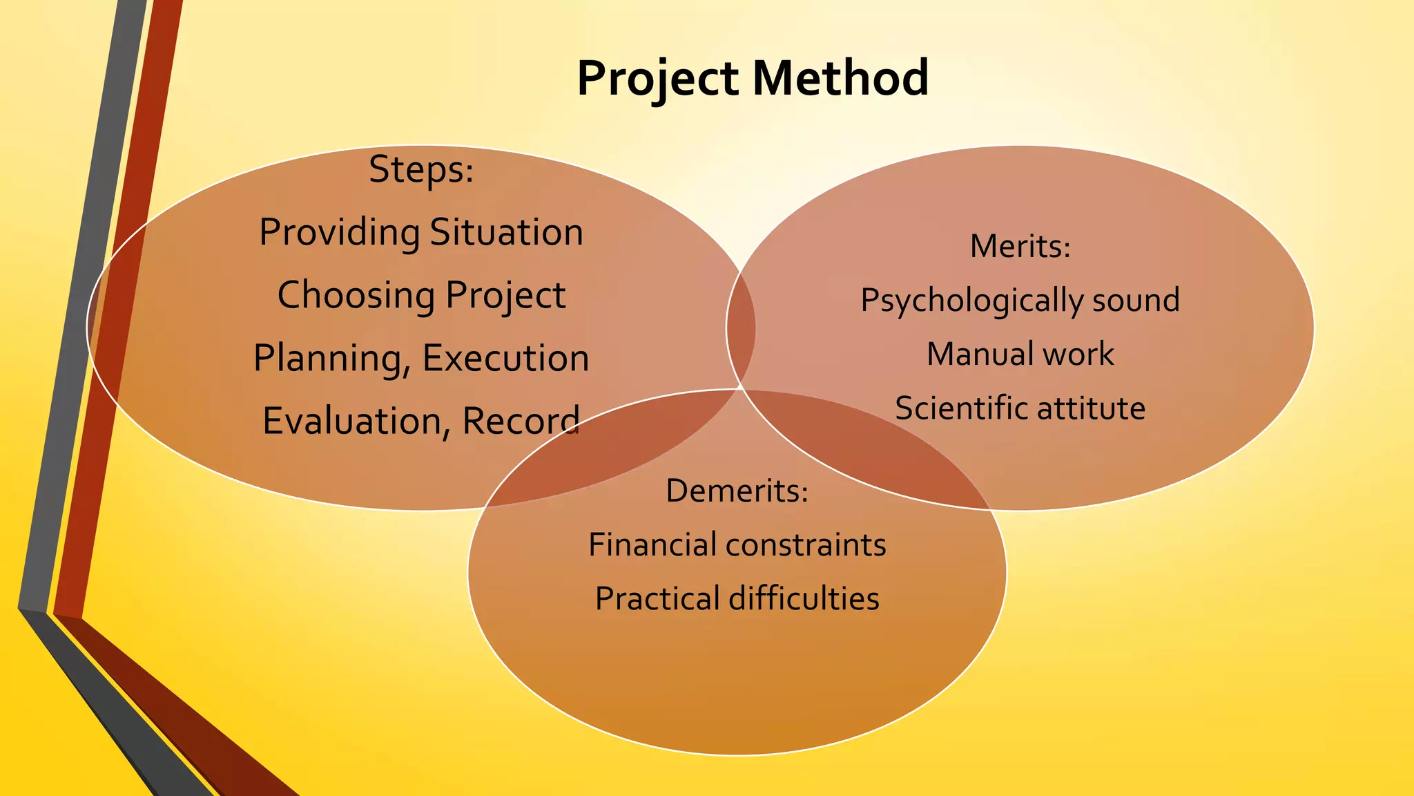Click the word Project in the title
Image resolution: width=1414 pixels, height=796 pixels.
point(657,78)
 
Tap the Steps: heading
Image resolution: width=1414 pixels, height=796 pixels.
point(421,169)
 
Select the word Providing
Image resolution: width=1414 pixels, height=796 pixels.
point(339,233)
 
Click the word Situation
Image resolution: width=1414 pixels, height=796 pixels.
point(507,232)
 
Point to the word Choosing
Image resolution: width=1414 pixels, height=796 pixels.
point(356,296)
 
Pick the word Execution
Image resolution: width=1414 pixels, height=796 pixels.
point(505,358)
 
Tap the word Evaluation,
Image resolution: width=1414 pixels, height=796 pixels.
point(356,421)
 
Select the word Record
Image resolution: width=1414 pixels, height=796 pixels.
point(521,421)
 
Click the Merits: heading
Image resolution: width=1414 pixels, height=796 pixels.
point(1020,247)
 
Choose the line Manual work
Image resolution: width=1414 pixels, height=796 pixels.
point(1020,354)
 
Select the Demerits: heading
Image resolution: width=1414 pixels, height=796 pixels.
point(737,491)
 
